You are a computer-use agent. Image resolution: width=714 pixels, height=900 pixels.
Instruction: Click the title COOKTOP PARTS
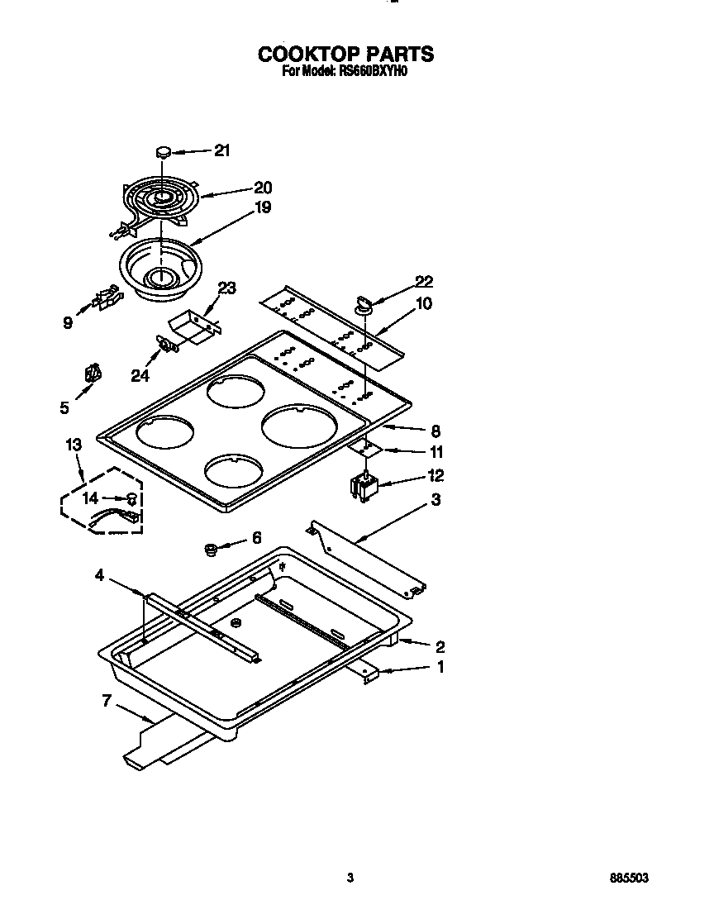pos(345,54)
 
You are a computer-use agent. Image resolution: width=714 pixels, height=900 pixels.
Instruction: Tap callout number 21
pos(222,150)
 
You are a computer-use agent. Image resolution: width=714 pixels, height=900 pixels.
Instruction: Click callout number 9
pos(68,323)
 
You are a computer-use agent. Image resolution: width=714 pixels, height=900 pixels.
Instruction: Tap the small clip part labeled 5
pos(93,375)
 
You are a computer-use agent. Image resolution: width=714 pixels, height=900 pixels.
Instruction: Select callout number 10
pos(423,303)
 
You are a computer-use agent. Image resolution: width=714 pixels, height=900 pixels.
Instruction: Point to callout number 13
pos(73,445)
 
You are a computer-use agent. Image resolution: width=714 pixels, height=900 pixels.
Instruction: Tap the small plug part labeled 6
pos(211,548)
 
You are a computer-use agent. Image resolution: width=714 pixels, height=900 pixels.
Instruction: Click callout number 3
pos(435,500)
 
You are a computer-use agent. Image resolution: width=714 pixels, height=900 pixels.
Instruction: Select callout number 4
pos(100,575)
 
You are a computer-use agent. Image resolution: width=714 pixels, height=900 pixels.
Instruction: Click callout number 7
pos(107,702)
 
